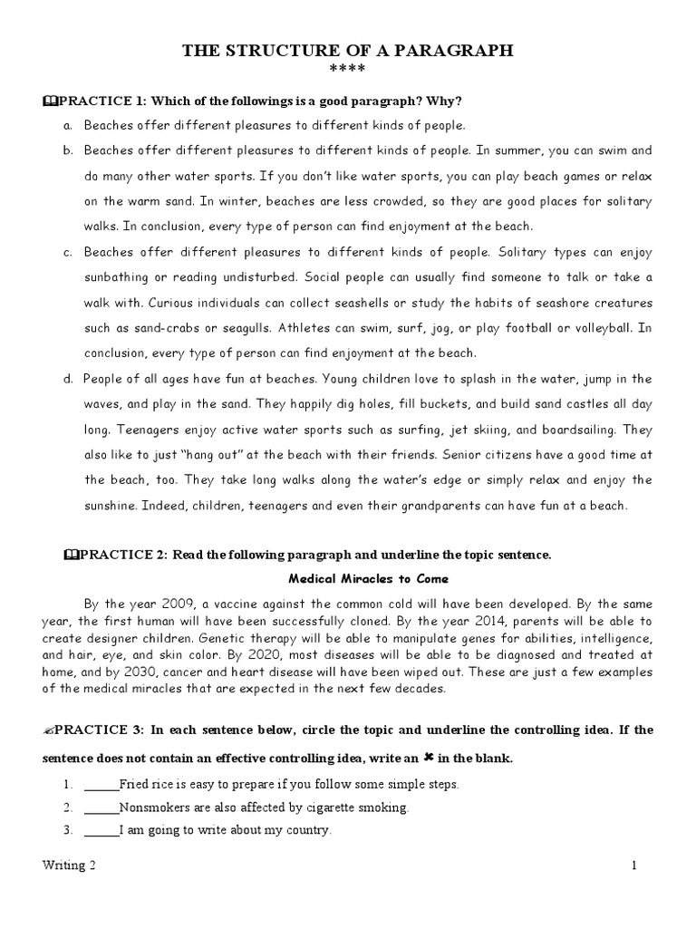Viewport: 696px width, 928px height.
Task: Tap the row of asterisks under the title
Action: [347, 71]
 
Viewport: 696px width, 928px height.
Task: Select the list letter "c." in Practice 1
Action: [68, 252]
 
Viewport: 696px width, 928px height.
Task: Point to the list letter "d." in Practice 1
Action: [68, 378]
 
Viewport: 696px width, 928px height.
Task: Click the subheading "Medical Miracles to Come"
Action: [368, 578]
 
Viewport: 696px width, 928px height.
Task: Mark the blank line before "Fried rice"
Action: [101, 784]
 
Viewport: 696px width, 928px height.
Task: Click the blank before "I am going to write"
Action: [101, 829]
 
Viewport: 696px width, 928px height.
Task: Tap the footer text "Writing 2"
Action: [69, 865]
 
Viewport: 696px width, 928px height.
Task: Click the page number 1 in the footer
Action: [634, 865]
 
